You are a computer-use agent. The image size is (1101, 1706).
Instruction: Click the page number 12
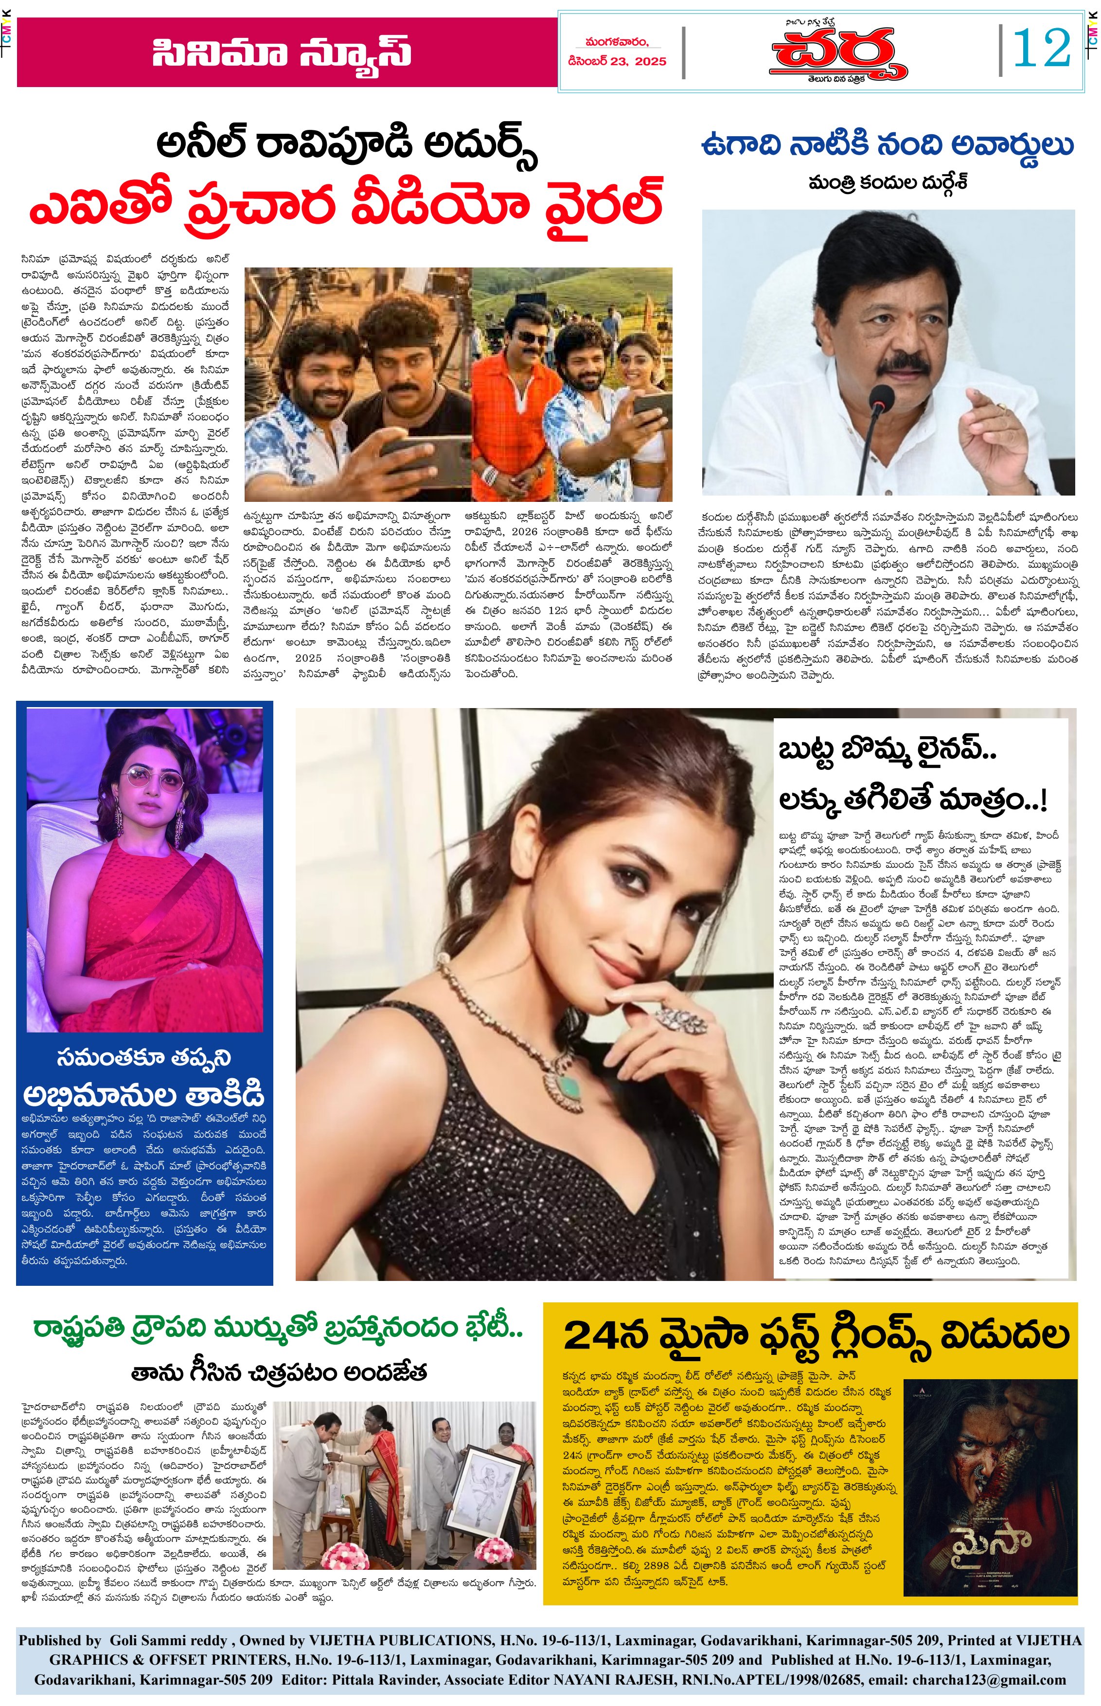tap(1042, 48)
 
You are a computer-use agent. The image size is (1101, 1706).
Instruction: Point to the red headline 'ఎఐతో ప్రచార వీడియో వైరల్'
tap(345, 205)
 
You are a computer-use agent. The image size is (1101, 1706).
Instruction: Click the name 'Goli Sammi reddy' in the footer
tap(169, 1641)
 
